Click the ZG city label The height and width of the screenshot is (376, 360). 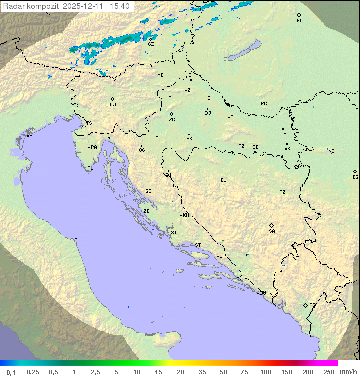pos(172,120)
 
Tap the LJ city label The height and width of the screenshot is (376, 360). pos(113,105)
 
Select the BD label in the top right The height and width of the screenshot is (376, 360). pos(299,21)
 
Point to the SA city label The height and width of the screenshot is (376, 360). pos(272,231)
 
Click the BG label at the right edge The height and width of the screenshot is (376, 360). pos(355,177)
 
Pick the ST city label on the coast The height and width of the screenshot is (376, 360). pos(198,245)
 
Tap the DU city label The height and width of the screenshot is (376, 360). pos(263,293)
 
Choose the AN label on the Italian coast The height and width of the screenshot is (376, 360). pos(77,240)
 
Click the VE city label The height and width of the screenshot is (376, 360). pos(29,136)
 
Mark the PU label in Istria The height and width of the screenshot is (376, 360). pos(90,168)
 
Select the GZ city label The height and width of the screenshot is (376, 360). pos(151,44)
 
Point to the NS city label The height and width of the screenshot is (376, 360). pos(331,151)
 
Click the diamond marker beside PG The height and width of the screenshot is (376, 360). pos(305,305)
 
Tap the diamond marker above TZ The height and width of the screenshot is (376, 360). pos(282,187)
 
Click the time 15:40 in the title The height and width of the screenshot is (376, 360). pos(120,6)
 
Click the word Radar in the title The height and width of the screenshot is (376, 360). pos(13,6)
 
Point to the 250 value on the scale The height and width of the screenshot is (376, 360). pos(329,372)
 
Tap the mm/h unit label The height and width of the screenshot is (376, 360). pos(347,372)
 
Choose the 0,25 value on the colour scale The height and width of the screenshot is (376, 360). pos(33,372)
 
